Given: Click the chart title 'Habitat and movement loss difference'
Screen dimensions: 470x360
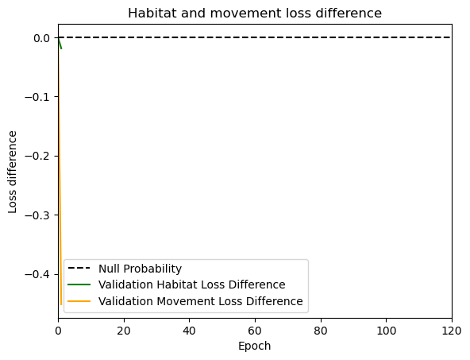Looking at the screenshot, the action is point(255,14).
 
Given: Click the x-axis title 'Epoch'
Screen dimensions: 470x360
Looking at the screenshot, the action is point(255,346).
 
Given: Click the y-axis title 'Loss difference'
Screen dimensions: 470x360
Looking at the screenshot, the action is point(12,172).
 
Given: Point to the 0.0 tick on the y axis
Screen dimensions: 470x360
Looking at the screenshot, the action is point(41,38).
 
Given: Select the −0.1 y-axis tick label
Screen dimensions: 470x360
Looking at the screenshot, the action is point(37,97).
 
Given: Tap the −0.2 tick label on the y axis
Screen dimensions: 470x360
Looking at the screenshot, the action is point(37,157).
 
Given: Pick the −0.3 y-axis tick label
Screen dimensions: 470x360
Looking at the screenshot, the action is point(37,215).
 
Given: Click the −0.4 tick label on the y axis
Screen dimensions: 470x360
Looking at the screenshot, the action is point(37,274).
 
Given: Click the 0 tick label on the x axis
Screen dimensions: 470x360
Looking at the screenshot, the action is point(59,331).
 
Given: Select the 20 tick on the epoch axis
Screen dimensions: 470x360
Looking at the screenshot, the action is point(124,331).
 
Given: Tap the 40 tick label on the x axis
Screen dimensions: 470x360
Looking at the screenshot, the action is point(190,331).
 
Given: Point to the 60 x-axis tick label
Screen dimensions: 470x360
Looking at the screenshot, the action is point(255,331).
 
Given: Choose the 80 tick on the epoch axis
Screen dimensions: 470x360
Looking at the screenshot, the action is point(321,331).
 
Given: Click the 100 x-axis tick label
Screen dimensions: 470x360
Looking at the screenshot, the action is point(386,331).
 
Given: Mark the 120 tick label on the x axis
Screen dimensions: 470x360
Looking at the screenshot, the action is point(452,331).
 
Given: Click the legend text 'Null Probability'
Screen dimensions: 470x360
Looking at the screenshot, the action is point(140,269).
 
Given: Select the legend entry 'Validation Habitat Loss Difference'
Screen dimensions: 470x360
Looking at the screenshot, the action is point(192,285).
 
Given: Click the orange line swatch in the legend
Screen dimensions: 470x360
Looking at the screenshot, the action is point(79,301).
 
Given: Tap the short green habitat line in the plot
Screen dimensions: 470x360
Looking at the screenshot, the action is point(60,43).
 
